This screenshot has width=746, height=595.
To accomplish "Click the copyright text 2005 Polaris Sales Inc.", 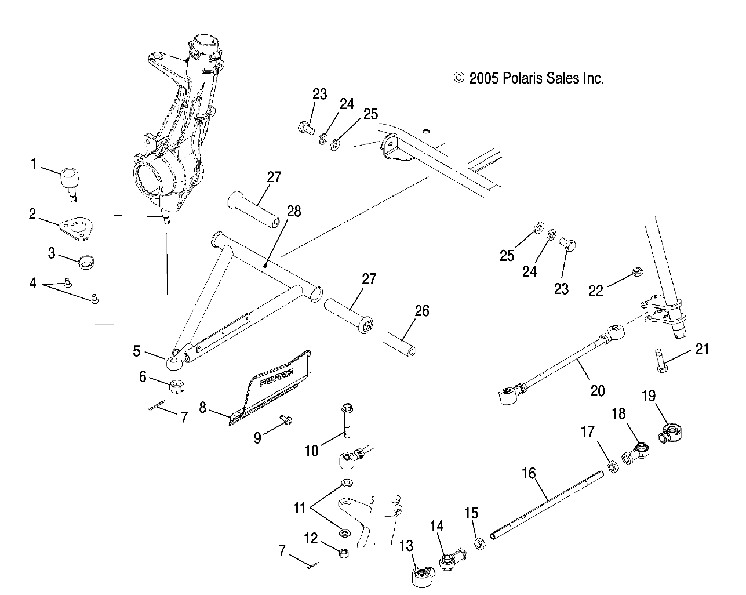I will [528, 78].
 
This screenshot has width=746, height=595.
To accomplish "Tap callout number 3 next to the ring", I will [52, 253].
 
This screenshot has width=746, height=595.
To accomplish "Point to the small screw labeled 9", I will [285, 419].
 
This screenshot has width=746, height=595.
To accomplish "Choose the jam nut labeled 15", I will [479, 544].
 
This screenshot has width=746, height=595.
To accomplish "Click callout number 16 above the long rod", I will [528, 474].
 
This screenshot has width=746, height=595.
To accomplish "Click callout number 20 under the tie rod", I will [596, 390].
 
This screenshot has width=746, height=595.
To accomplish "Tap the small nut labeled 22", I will [636, 270].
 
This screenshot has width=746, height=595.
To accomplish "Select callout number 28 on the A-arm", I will [294, 211].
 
